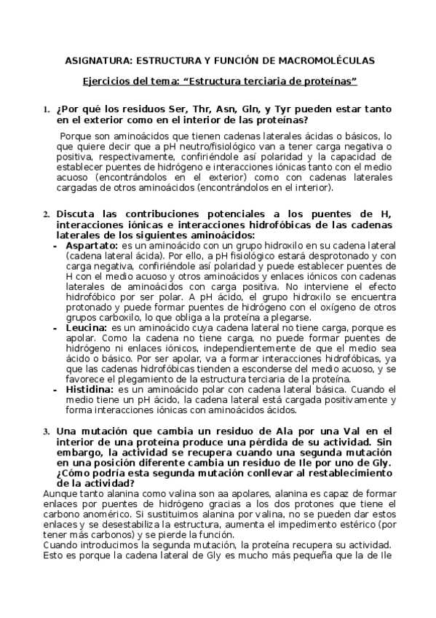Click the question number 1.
(x=46, y=110)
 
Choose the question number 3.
(x=46, y=431)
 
